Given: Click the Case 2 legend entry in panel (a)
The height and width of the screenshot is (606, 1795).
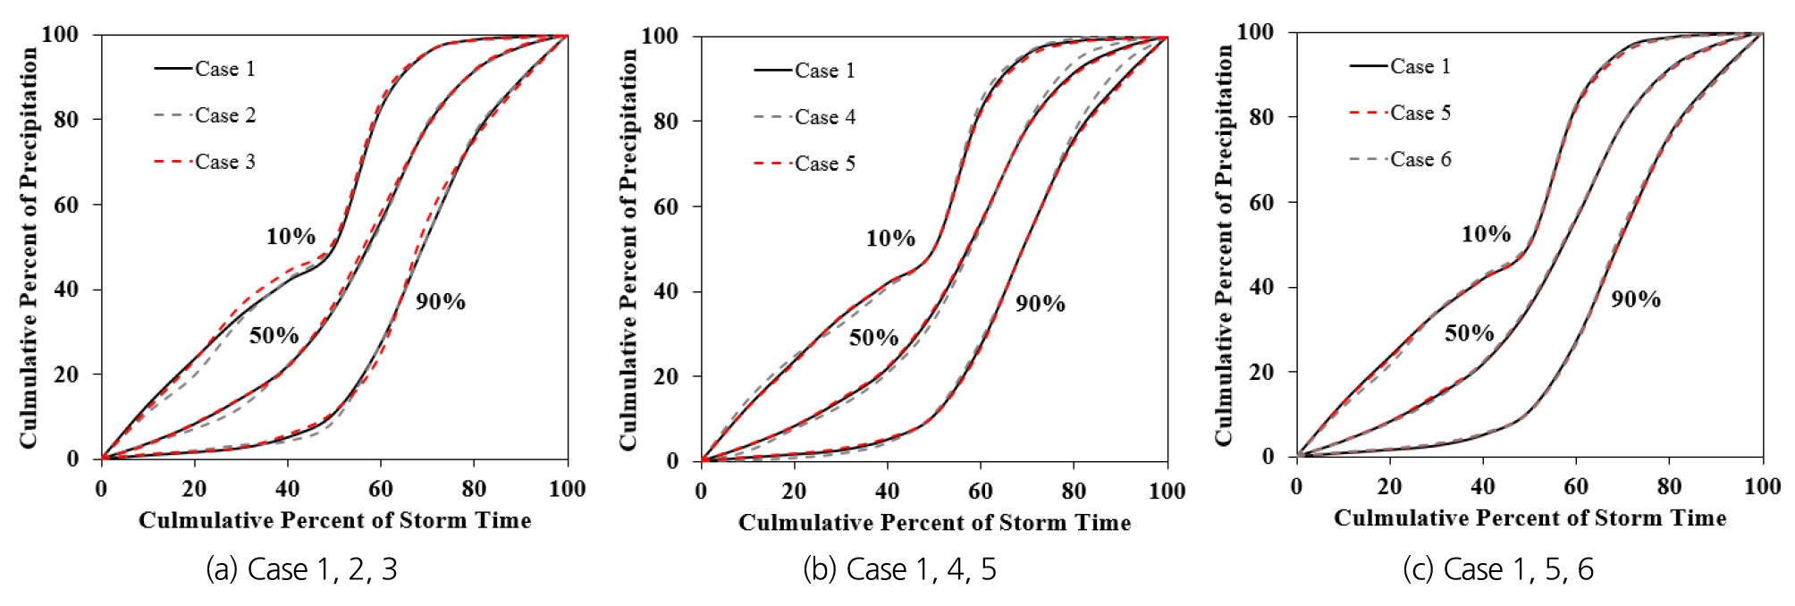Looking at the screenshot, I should (224, 115).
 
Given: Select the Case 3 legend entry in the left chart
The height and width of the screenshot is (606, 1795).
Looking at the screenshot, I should (224, 162).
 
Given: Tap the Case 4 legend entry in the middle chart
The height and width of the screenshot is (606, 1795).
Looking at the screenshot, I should (824, 117).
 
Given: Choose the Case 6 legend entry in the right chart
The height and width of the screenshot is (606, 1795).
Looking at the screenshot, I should (1420, 159).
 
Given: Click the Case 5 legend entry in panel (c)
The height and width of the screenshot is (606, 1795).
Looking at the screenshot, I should (1420, 113).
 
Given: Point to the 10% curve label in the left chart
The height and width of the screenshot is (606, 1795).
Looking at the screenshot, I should (291, 237).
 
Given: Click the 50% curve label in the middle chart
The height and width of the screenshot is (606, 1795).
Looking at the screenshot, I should (873, 338).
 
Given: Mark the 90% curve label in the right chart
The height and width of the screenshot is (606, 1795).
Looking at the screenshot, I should (1636, 299).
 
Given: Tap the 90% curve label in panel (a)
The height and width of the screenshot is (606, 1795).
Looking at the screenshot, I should (441, 302).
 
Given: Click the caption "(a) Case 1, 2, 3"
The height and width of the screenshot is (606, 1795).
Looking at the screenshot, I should (301, 569).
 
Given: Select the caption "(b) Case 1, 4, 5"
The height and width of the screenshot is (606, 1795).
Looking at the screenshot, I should (899, 569).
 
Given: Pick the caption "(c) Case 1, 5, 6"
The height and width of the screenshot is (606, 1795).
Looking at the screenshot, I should (1498, 569).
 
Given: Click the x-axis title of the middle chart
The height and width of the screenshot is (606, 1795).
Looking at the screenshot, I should (934, 523).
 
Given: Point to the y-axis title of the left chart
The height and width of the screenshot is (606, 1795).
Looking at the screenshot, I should (29, 248).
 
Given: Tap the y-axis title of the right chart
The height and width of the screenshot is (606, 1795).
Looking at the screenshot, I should (1224, 245).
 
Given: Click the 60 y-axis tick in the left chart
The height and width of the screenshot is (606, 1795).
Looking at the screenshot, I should (66, 205).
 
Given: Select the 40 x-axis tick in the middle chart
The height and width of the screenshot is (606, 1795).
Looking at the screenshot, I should (887, 491).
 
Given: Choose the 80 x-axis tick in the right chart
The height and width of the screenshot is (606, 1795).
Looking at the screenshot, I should (1669, 487).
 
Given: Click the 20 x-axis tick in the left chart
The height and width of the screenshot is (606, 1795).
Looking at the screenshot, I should (194, 489).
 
